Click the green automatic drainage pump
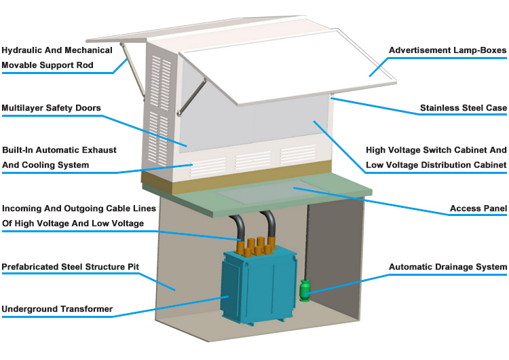pyautogui.click(x=305, y=290)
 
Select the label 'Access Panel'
pyautogui.click(x=478, y=209)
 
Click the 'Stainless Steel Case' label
pyautogui.click(x=464, y=108)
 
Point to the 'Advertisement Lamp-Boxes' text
pyautogui.click(x=448, y=50)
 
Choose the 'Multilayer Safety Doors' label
pyautogui.click(x=51, y=108)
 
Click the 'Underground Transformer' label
pyautogui.click(x=57, y=309)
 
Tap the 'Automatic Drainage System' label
pyautogui.click(x=448, y=267)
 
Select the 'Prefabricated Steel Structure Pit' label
pyautogui.click(x=71, y=267)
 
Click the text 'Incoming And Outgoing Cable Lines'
pyautogui.click(x=79, y=208)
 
